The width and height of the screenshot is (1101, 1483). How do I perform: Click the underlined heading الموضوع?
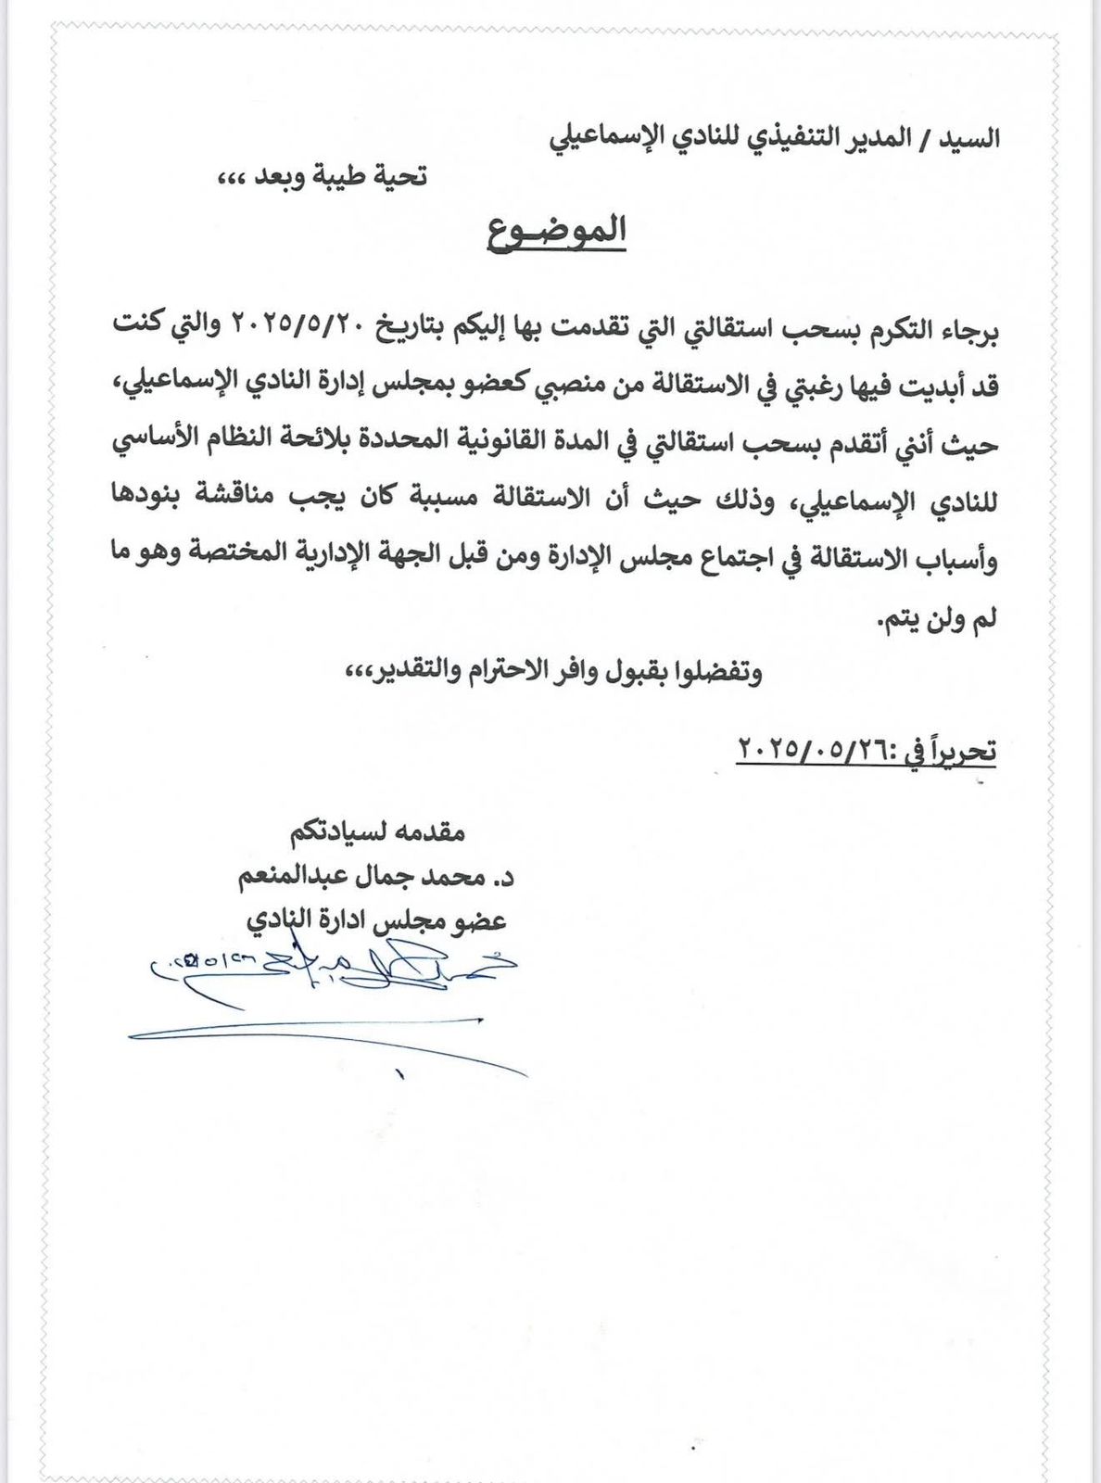coord(557,232)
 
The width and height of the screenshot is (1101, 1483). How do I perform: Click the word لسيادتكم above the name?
coord(333,830)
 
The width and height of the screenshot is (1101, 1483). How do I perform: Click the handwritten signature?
coord(334,973)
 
